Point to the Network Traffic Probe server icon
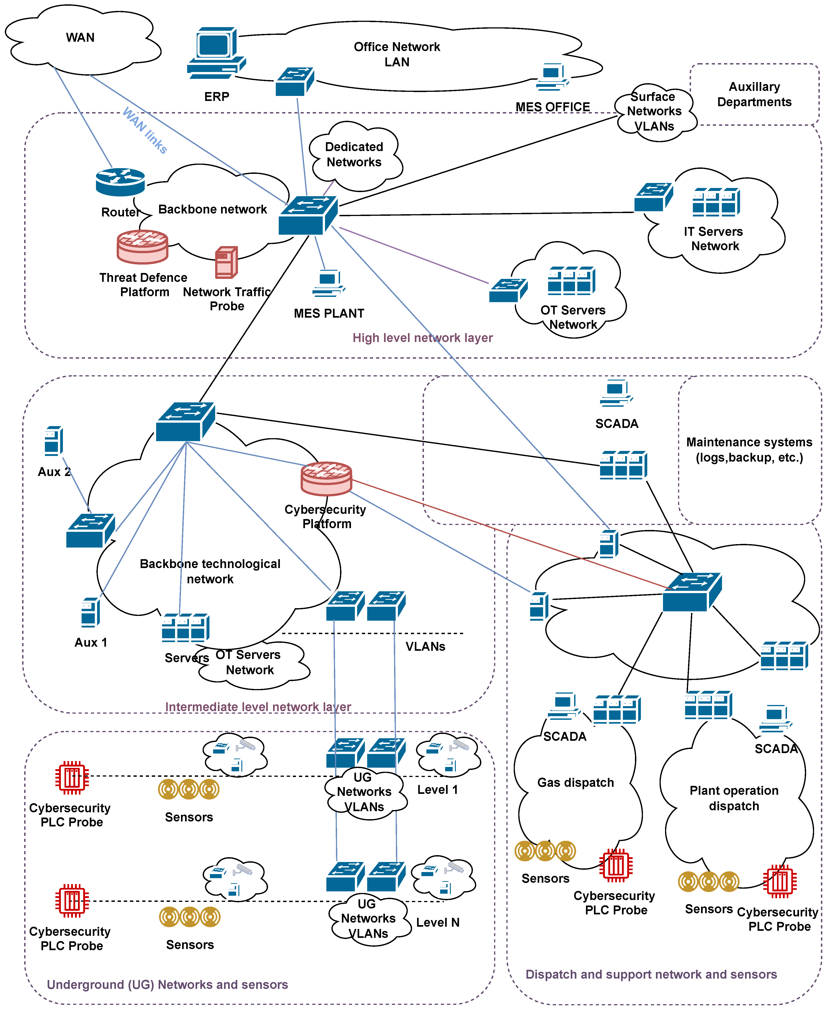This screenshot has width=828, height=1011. tap(226, 262)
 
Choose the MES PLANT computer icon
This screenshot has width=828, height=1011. tap(329, 283)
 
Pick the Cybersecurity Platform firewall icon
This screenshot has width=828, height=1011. tap(326, 478)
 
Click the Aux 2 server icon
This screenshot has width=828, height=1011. tap(53, 441)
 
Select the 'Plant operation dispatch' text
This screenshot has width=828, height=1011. tap(734, 798)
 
